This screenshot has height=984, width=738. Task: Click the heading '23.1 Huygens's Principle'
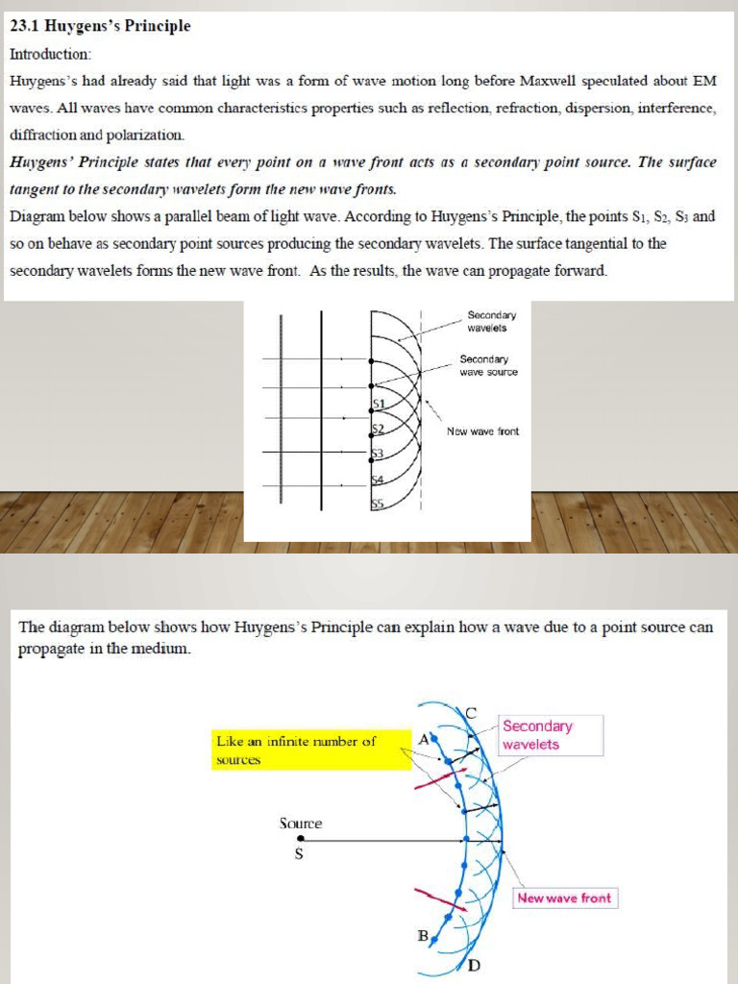pyautogui.click(x=100, y=26)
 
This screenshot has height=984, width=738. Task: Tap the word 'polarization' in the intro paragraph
pyautogui.click(x=143, y=135)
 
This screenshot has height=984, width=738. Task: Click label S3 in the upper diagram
pyautogui.click(x=378, y=453)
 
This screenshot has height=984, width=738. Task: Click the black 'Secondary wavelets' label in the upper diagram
pyautogui.click(x=491, y=321)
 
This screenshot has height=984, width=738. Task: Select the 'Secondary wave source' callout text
pyautogui.click(x=488, y=365)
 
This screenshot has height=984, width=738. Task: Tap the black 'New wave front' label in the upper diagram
pyautogui.click(x=482, y=431)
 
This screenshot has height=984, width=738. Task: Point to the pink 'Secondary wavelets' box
pyautogui.click(x=551, y=735)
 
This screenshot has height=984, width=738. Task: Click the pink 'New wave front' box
pyautogui.click(x=563, y=898)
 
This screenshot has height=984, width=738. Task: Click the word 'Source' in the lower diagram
pyautogui.click(x=301, y=824)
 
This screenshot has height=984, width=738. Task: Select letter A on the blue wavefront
pyautogui.click(x=424, y=738)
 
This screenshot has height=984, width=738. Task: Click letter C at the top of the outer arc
pyautogui.click(x=471, y=712)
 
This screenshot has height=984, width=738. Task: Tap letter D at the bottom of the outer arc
pyautogui.click(x=474, y=965)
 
